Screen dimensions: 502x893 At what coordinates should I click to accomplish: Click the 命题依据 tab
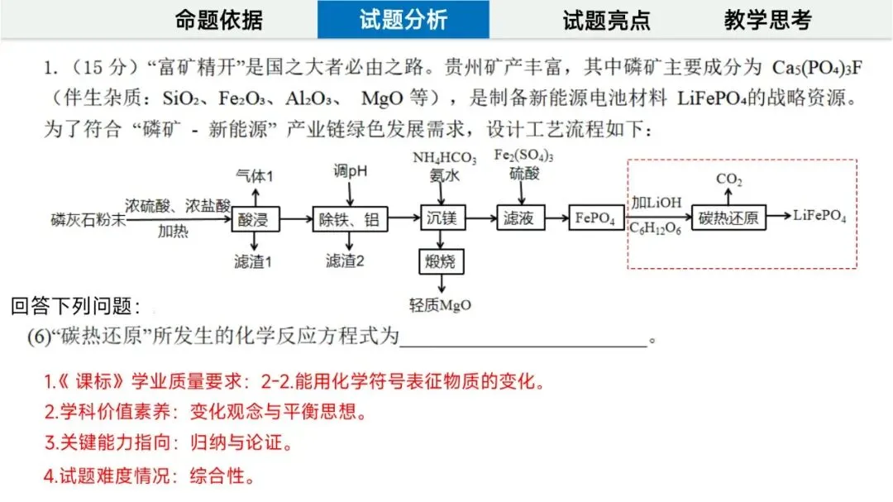(x=219, y=20)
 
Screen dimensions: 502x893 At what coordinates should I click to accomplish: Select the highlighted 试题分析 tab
(x=404, y=20)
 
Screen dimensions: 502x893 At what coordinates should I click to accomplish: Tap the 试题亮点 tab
(x=606, y=20)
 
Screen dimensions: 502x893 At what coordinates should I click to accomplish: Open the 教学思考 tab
(x=767, y=20)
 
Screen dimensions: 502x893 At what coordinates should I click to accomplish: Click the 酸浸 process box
(x=256, y=219)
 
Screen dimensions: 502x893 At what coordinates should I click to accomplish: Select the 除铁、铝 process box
(x=351, y=219)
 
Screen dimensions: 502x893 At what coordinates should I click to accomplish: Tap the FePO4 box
(x=596, y=218)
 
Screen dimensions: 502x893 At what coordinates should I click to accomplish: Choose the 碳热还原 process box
(x=728, y=218)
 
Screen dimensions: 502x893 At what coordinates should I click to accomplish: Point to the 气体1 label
(x=255, y=176)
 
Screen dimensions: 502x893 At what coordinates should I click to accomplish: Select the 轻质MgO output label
(x=440, y=304)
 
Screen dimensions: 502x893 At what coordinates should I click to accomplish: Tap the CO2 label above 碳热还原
(x=728, y=178)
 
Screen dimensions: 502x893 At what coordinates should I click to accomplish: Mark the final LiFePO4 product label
(x=819, y=217)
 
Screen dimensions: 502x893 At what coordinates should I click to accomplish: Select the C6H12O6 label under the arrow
(x=656, y=228)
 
